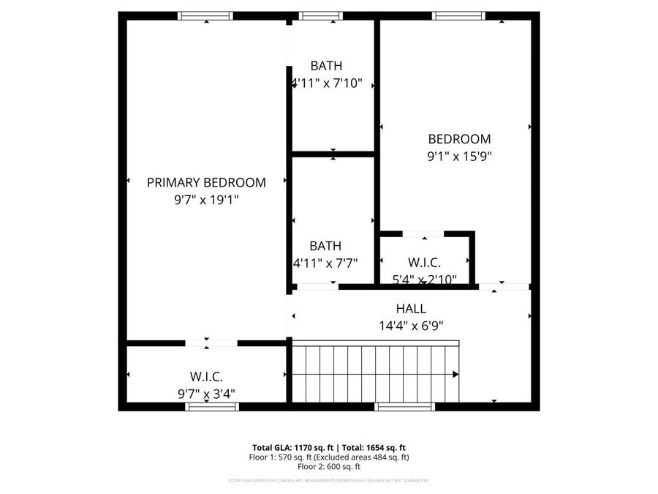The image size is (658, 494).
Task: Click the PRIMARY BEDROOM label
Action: point(206,182)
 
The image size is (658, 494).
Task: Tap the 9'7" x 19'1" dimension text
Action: point(206,198)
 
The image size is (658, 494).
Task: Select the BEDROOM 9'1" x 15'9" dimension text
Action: point(459,155)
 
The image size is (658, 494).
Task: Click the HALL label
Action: point(411,309)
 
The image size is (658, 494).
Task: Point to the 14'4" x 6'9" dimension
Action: point(411,326)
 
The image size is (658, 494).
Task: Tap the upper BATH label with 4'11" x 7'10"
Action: point(325,66)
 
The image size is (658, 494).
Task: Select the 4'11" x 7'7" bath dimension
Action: point(325,263)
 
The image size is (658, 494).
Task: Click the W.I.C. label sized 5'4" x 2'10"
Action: point(424,262)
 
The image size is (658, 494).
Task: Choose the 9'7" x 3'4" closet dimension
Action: point(206,393)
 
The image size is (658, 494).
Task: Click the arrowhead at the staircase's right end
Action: point(455,374)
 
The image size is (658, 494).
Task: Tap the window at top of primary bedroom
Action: point(206,15)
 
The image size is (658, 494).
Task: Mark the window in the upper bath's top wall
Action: point(321,15)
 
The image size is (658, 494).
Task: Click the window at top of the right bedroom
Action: point(458,15)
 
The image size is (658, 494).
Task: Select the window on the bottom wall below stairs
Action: point(404,406)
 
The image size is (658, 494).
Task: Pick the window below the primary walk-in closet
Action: point(212,406)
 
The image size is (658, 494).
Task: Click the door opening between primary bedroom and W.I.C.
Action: point(211,342)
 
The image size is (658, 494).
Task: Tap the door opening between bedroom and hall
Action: point(504,286)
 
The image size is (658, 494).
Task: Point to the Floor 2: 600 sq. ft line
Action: point(328,467)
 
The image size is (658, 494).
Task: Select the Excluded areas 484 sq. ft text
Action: point(370,457)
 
